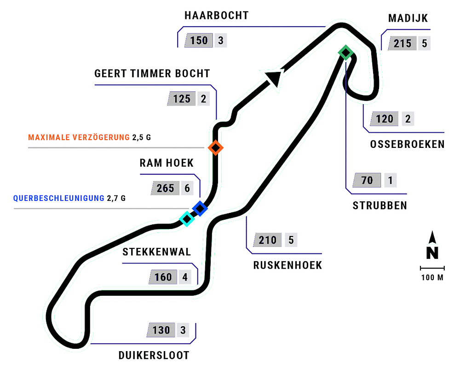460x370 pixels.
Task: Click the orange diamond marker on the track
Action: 215,148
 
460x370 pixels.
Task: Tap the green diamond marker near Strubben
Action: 345,53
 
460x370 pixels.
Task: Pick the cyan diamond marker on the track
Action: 187,219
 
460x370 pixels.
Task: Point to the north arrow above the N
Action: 432,238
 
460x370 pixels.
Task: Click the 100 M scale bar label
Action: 432,278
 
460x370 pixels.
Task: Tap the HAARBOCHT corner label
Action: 216,16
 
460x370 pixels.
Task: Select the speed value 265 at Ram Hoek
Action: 165,188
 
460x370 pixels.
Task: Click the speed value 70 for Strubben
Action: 367,180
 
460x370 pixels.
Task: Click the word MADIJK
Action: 408,19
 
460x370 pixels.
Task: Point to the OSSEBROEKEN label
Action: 407,144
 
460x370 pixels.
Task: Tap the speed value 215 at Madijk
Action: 402,44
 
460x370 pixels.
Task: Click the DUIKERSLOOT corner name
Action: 154,355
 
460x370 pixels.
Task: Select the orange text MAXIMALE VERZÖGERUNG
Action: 79,137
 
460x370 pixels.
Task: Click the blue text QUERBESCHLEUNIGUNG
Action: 59,199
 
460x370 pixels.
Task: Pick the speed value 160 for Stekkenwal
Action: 163,277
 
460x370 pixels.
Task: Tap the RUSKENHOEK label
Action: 287,265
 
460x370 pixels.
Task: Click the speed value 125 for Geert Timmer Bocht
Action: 182,99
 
